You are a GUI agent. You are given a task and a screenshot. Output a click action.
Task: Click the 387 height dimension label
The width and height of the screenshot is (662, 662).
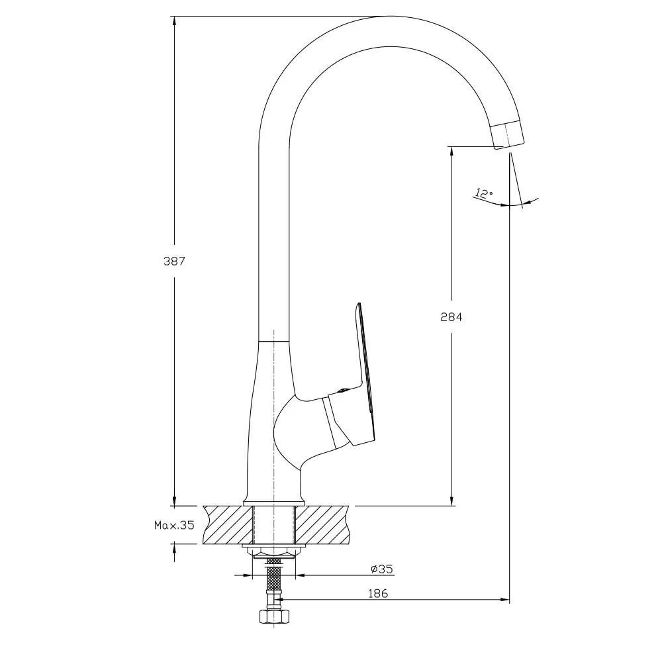(174, 261)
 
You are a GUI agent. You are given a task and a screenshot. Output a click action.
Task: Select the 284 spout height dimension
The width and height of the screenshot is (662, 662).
(451, 317)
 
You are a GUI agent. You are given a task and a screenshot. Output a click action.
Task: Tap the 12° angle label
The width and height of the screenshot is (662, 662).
(483, 193)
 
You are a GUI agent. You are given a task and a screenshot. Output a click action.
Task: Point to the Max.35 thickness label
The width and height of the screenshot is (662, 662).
(174, 525)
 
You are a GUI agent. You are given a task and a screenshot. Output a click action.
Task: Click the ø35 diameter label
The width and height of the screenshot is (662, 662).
(382, 569)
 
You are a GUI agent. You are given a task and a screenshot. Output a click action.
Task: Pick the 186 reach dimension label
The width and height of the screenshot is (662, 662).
(378, 593)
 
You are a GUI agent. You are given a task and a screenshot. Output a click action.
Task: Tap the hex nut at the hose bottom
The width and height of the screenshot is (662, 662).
(274, 616)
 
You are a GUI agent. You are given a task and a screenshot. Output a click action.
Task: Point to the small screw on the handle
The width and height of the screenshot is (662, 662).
(342, 391)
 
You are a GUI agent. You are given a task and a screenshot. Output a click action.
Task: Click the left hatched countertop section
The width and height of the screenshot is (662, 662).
(228, 524)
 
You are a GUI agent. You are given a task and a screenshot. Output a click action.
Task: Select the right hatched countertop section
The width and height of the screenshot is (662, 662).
(322, 524)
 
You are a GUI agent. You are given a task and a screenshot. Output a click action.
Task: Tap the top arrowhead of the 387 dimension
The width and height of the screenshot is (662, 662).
(174, 21)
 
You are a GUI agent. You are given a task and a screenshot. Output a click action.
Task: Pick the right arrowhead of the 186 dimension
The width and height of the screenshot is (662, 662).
(504, 599)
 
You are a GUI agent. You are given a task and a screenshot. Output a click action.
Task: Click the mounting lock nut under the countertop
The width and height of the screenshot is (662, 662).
(274, 550)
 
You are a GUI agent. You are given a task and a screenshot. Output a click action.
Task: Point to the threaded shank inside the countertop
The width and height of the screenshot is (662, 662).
(274, 524)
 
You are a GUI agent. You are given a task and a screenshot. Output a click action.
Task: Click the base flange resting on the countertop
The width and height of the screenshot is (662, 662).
(274, 502)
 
